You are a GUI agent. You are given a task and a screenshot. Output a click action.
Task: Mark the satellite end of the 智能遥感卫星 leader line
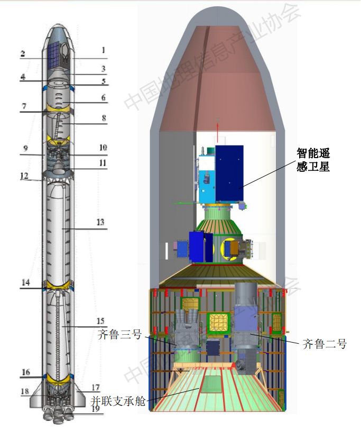point(239,188)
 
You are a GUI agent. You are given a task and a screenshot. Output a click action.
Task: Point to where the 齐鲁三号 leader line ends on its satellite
point(177,346)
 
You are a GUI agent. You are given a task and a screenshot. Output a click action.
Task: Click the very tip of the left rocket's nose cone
point(58,24)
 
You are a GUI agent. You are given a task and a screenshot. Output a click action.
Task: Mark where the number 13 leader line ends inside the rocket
point(63,229)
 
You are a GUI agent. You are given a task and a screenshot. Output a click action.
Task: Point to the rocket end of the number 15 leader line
point(62,327)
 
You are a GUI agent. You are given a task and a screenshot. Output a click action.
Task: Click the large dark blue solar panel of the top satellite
point(229,173)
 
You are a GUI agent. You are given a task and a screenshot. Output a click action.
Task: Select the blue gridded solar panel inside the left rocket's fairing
point(53,56)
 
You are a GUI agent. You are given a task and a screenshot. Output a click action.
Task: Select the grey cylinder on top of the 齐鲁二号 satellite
point(246,295)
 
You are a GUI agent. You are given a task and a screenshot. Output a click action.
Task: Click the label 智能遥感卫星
point(313,160)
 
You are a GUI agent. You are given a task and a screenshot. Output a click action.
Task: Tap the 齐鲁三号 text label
point(119,334)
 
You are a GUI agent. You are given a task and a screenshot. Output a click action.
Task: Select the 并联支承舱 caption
point(118,401)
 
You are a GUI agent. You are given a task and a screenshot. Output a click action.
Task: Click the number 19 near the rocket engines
point(96,408)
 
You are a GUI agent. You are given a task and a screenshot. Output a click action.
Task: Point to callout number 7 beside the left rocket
point(24,106)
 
